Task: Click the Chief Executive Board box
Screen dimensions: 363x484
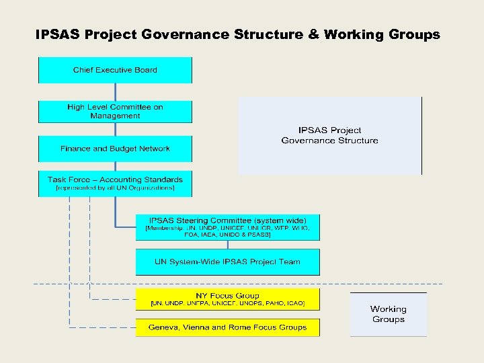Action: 115,70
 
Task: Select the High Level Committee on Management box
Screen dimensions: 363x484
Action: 115,111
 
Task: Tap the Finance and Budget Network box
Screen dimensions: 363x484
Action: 115,149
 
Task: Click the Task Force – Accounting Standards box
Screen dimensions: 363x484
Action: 115,184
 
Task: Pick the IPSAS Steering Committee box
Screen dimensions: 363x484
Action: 227,227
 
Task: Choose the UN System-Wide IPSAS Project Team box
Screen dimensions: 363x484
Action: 227,261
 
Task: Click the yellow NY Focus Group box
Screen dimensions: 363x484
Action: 227,299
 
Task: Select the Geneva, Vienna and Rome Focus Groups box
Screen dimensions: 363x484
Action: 227,327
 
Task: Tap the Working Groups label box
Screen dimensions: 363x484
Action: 388,314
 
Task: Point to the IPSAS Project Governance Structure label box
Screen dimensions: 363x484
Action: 329,135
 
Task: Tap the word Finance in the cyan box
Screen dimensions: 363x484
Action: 75,149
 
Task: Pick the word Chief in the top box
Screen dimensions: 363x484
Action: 83,70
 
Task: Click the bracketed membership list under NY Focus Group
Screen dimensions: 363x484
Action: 227,305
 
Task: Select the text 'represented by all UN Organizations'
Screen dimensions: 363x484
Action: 115,188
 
